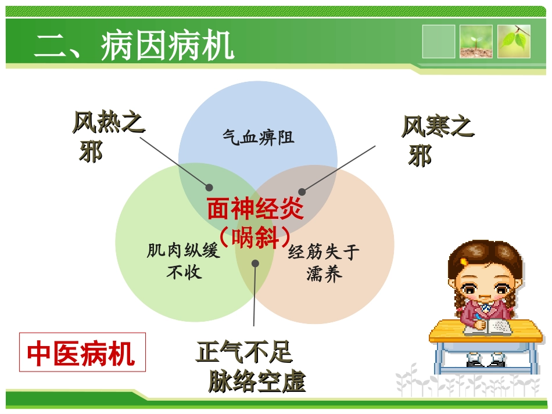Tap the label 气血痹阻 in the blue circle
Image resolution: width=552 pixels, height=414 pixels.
(258, 138)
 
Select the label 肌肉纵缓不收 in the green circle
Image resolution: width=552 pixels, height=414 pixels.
(184, 261)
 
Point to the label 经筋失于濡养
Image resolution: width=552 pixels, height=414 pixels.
(324, 262)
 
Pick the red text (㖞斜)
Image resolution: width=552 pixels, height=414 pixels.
(256, 237)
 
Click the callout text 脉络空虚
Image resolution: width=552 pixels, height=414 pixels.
(256, 382)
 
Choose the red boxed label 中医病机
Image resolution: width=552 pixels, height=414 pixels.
(82, 353)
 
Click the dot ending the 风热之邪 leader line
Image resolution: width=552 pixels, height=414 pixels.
(209, 187)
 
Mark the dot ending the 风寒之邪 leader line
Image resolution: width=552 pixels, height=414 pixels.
(302, 192)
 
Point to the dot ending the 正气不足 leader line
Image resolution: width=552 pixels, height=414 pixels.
(255, 263)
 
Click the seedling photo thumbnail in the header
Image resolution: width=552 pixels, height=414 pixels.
(476, 41)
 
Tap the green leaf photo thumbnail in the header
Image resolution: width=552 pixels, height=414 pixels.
(514, 41)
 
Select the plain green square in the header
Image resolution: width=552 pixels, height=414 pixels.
(439, 41)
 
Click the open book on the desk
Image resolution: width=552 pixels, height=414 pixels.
(488, 326)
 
